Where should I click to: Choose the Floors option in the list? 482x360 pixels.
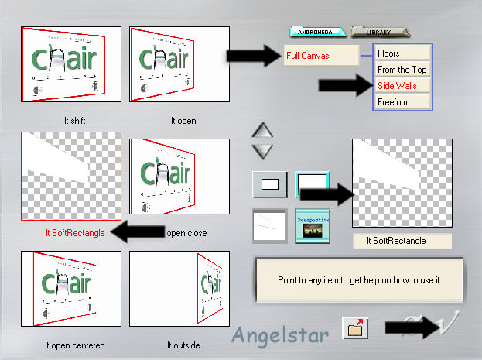(402, 53)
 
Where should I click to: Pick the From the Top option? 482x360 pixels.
(402, 70)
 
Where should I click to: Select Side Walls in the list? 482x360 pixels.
(402, 86)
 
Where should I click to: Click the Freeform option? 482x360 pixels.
(402, 101)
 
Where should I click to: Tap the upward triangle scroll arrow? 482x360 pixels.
(264, 131)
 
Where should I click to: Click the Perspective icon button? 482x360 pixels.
(313, 224)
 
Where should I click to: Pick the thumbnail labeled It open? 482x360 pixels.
(179, 65)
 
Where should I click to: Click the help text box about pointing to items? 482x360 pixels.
(359, 279)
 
